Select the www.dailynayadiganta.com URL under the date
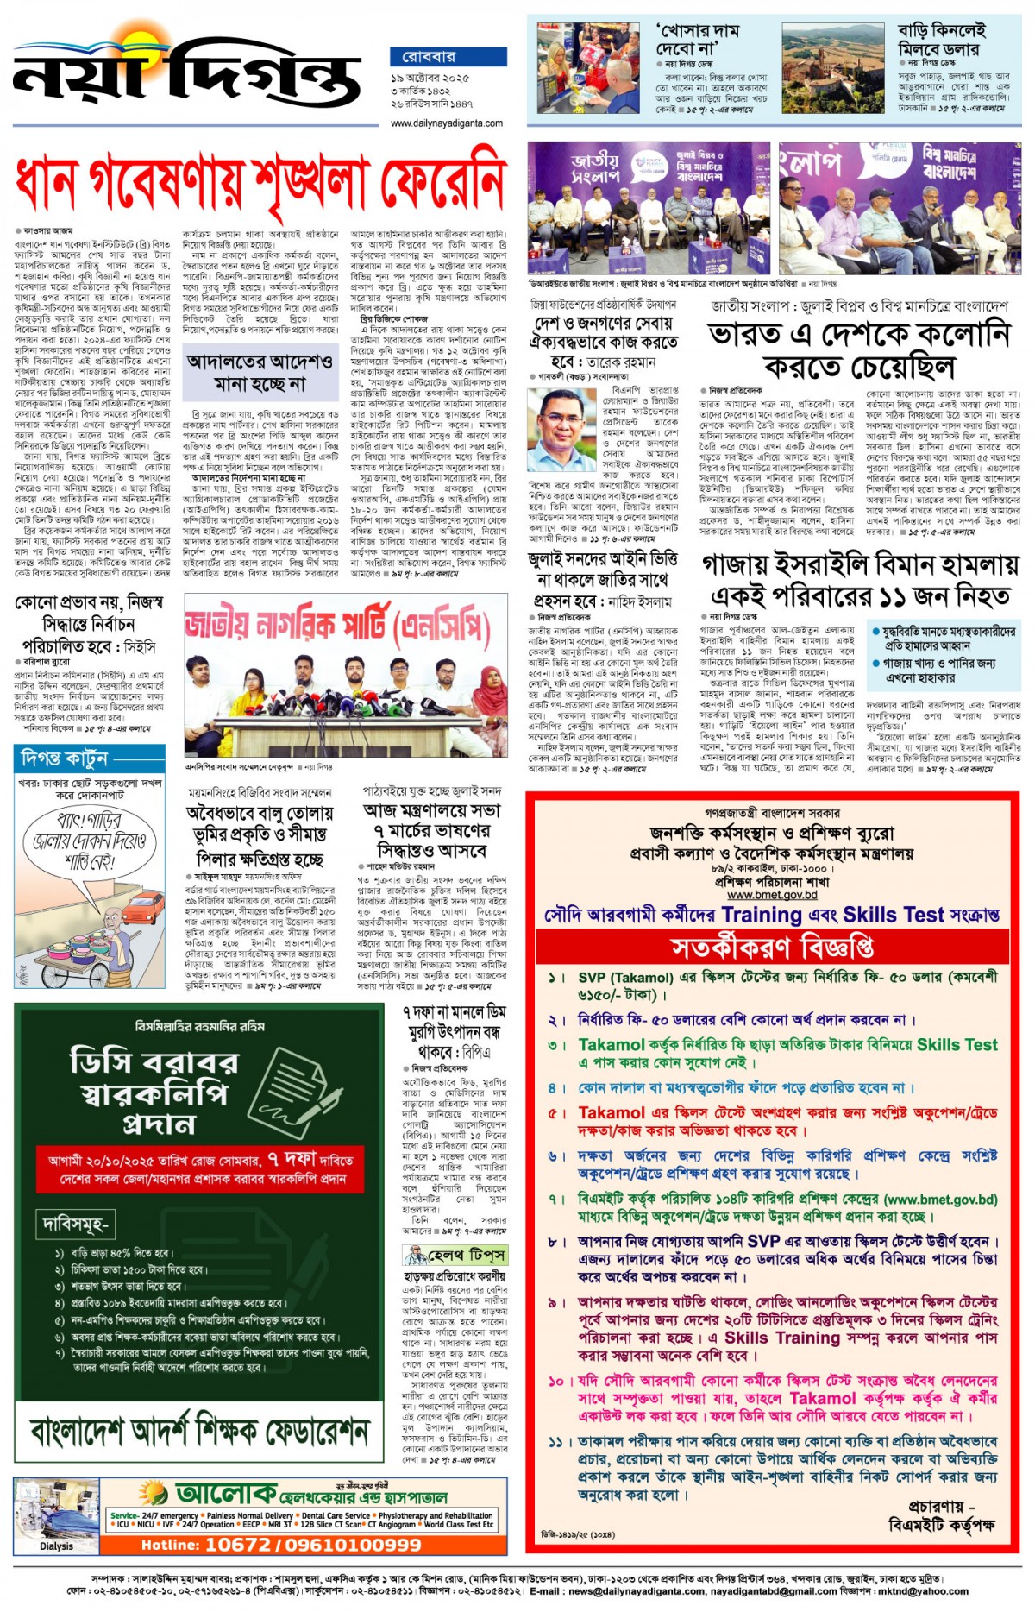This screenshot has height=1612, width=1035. pos(446,123)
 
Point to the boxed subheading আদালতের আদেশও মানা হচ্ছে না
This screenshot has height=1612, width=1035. pos(260,372)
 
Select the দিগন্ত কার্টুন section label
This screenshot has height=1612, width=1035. pos(64,759)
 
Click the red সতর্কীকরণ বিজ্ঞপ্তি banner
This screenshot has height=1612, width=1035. pos(772,948)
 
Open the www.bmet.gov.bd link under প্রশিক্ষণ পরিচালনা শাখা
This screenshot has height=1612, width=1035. pos(772,895)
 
